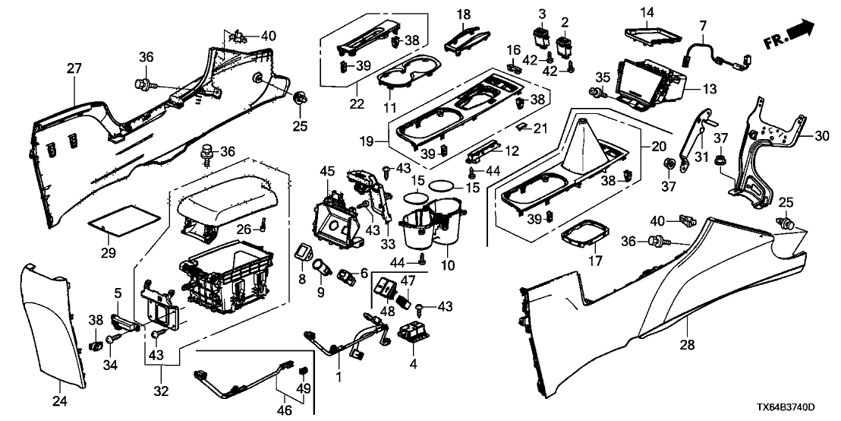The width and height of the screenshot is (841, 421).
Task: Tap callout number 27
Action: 73,69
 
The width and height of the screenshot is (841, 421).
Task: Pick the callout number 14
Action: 646,12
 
